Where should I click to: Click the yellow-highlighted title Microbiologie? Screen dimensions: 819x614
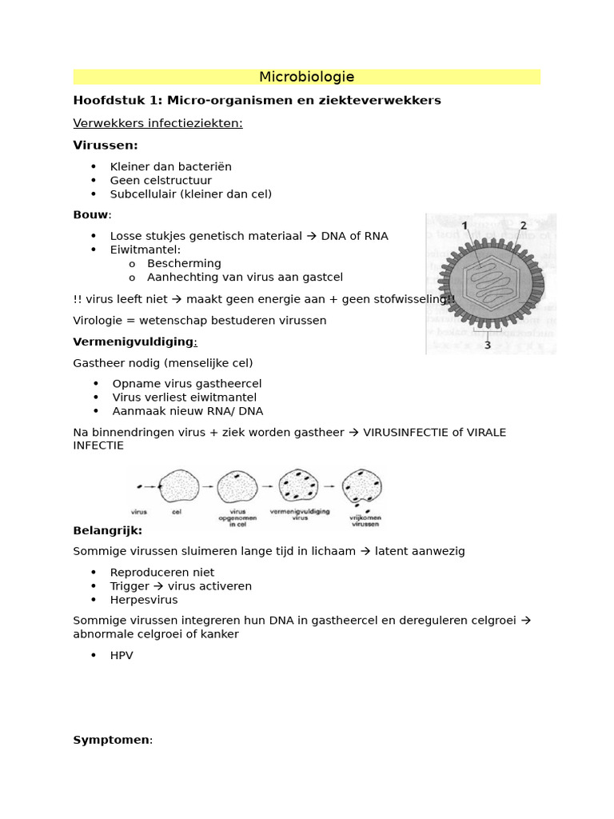pos(306,77)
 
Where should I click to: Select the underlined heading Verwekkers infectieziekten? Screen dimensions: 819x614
pos(157,123)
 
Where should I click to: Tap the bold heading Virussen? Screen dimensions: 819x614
pos(105,145)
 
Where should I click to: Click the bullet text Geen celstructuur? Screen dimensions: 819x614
pos(161,180)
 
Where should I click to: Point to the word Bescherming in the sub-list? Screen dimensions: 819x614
pos(184,263)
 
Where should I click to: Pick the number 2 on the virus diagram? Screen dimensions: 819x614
pos(524,226)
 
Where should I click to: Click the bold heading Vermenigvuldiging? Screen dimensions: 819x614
pos(134,342)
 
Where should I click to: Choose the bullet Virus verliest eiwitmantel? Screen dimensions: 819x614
pos(184,397)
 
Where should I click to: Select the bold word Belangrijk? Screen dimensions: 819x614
pos(107,530)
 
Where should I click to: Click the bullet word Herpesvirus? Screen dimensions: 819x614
pos(144,599)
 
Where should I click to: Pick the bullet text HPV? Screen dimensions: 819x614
pos(122,655)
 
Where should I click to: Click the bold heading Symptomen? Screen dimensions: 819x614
pos(111,740)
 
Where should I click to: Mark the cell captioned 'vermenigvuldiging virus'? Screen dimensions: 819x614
pos(299,485)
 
